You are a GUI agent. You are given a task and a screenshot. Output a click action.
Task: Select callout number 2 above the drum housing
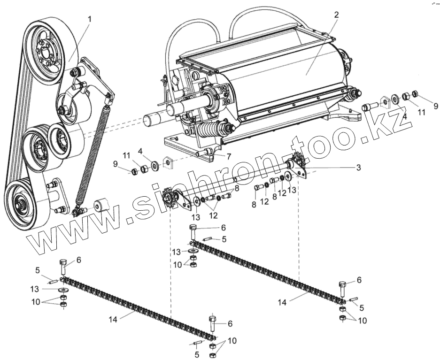click(336, 15)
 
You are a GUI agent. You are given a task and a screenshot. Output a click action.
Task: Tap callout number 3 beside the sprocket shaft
click(358, 167)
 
